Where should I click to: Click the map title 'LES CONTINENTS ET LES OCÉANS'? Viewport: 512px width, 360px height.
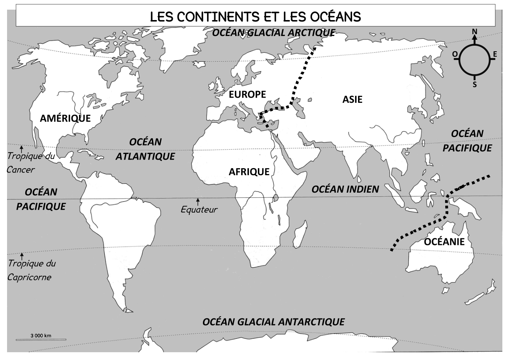(x=255, y=16)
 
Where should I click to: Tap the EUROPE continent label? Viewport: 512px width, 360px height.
(x=247, y=94)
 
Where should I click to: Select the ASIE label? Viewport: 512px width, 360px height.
(x=352, y=99)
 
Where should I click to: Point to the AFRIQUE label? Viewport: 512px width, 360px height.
(x=249, y=171)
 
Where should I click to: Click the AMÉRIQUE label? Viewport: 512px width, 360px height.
(x=65, y=118)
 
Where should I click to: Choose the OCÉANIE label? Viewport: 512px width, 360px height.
(x=444, y=242)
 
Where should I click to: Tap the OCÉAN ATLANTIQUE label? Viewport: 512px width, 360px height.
(x=145, y=149)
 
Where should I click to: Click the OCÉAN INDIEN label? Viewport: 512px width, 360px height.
(x=345, y=189)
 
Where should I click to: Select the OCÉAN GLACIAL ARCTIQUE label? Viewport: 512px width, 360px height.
(x=273, y=33)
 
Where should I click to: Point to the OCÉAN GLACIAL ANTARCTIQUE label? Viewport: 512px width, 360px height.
(x=273, y=321)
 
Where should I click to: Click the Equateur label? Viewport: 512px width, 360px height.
(x=199, y=210)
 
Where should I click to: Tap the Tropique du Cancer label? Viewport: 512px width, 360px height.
(x=30, y=163)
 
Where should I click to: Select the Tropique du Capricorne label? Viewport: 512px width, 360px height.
(x=32, y=270)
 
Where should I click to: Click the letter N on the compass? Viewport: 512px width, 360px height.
(x=475, y=32)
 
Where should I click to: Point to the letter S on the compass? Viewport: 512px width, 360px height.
(x=475, y=85)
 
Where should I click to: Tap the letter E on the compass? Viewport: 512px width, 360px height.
(x=495, y=55)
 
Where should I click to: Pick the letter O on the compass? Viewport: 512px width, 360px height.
(x=455, y=55)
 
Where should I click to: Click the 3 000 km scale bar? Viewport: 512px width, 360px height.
(x=41, y=338)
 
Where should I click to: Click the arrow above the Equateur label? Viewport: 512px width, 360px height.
(x=198, y=202)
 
